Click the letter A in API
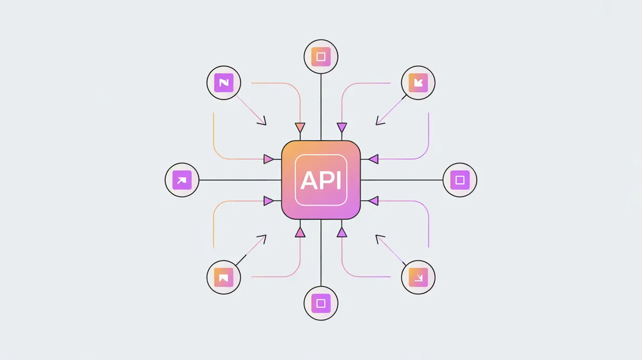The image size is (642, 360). pos(307,181)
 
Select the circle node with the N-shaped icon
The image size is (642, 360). pos(224,83)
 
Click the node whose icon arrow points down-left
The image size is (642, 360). pos(418,83)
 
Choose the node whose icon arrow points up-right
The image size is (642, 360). pos(182,180)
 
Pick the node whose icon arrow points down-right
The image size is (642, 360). pos(418,277)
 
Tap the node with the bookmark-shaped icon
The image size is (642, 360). pos(224,277)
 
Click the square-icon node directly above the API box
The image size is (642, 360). pos(321,57)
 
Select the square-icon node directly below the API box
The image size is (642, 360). pos(321,303)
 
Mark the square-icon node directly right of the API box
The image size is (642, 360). pos(460,179)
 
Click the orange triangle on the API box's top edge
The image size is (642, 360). pos(300,127)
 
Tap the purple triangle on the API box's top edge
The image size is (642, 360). pos(342,127)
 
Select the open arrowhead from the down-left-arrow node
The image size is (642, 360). pos(379,121)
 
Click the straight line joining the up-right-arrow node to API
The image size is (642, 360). pos(240,180)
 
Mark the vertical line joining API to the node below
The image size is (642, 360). pos(321,253)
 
